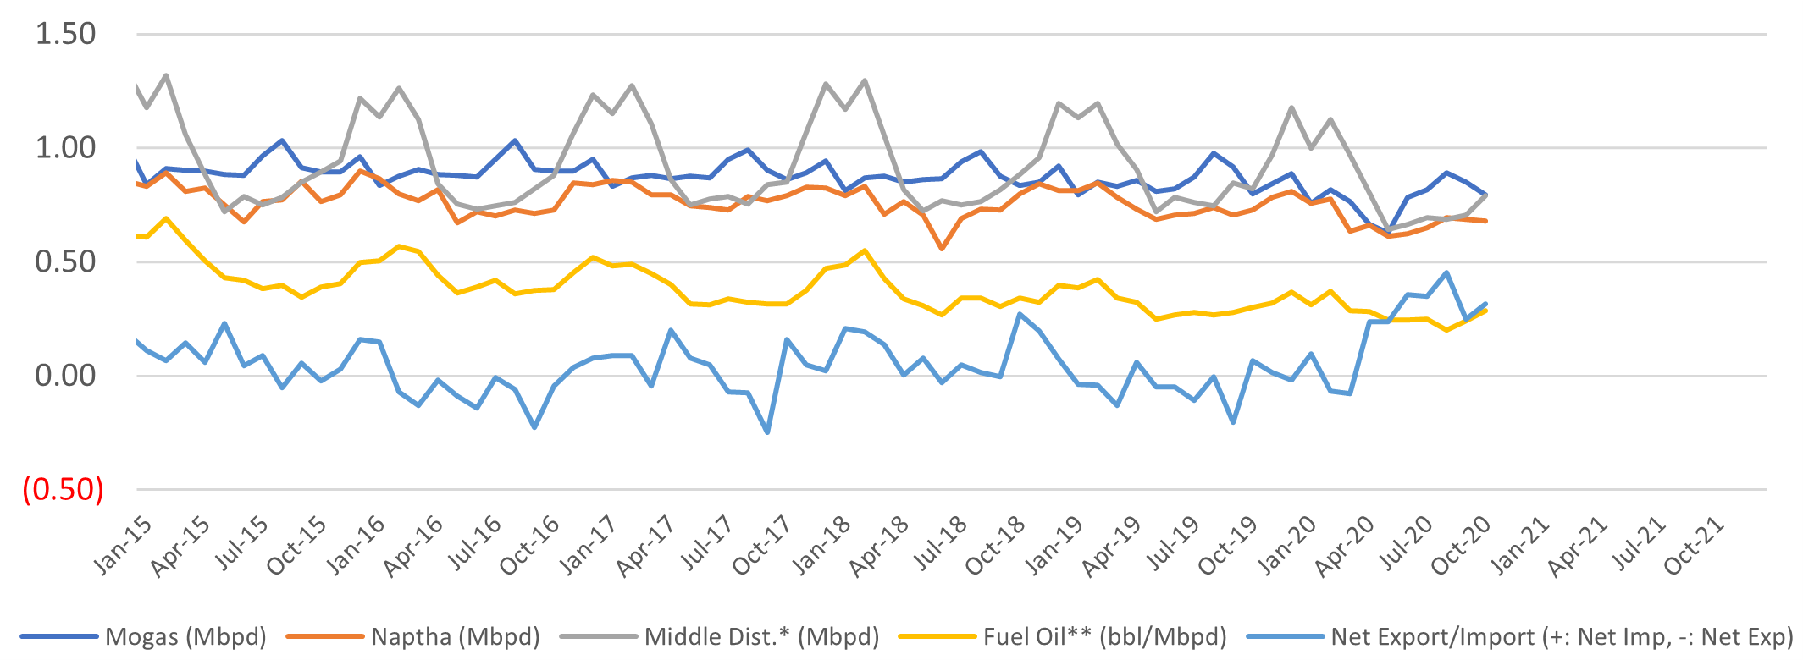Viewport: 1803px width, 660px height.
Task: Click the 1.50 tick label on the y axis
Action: [65, 35]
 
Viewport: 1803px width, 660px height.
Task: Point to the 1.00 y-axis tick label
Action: [65, 148]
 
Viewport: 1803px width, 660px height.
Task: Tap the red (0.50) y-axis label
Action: [64, 490]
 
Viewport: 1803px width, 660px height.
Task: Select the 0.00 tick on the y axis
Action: [65, 376]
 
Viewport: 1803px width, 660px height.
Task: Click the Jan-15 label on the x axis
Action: [124, 545]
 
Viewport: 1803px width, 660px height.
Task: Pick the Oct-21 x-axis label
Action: [1693, 545]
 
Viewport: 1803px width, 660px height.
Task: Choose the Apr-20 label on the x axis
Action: [1345, 545]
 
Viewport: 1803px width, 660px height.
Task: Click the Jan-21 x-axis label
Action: [1519, 545]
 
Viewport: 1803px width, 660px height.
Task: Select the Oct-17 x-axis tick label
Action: [762, 545]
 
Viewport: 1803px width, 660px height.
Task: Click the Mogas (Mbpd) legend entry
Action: [143, 637]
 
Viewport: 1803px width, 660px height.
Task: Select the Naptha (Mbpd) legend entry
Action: [413, 637]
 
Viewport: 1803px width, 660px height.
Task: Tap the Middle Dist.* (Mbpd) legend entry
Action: [719, 637]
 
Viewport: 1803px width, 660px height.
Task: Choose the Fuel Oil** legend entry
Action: [1063, 637]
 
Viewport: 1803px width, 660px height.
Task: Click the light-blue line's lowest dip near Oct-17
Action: [767, 432]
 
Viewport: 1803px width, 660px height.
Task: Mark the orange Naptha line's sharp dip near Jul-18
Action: [941, 249]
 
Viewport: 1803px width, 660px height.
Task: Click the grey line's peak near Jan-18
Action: [864, 80]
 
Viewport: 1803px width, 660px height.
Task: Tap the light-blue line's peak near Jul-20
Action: [1446, 272]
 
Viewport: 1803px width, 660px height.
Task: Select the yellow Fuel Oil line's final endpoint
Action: [1485, 311]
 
